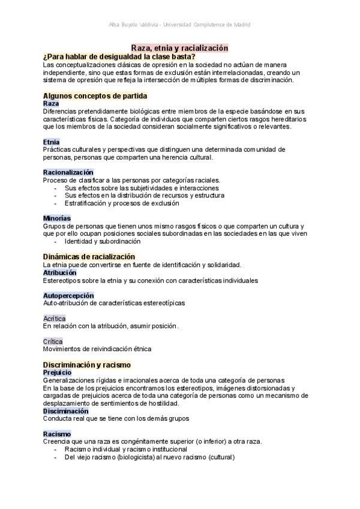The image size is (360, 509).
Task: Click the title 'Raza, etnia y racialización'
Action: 180,47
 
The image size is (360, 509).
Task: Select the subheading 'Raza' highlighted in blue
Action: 51,103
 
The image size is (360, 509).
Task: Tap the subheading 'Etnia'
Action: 52,142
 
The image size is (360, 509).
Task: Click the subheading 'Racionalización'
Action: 68,172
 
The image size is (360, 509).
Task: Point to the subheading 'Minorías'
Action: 57,218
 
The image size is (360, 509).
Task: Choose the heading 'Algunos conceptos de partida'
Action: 95,95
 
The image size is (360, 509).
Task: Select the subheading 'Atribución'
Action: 60,273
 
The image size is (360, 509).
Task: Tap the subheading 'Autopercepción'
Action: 68,295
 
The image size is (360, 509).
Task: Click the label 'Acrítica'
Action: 55,318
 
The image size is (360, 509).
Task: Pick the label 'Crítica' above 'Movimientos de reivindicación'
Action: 53,341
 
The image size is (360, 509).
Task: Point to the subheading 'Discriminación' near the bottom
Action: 66,411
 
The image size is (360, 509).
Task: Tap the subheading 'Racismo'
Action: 57,434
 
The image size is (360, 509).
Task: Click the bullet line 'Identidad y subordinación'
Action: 103,241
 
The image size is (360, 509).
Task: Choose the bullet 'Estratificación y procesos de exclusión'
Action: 122,203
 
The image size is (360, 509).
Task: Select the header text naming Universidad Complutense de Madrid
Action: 179,25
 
